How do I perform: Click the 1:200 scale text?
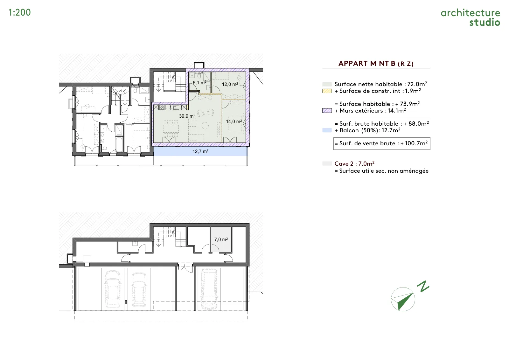click(19, 12)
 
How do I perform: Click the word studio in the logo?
click(485, 22)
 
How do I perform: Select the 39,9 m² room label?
click(187, 116)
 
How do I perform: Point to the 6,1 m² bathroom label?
click(199, 82)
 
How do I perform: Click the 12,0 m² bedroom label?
click(230, 84)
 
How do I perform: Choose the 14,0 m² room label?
click(234, 121)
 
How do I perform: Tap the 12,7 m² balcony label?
click(200, 151)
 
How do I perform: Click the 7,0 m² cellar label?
click(221, 239)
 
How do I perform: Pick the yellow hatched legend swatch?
click(327, 91)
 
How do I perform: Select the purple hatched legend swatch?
click(327, 111)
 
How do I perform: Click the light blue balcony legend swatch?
click(327, 130)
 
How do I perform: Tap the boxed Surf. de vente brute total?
click(382, 143)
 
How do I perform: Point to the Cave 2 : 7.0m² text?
click(354, 163)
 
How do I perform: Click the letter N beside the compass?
click(423, 287)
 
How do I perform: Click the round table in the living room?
click(205, 126)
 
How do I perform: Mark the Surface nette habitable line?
click(380, 84)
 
